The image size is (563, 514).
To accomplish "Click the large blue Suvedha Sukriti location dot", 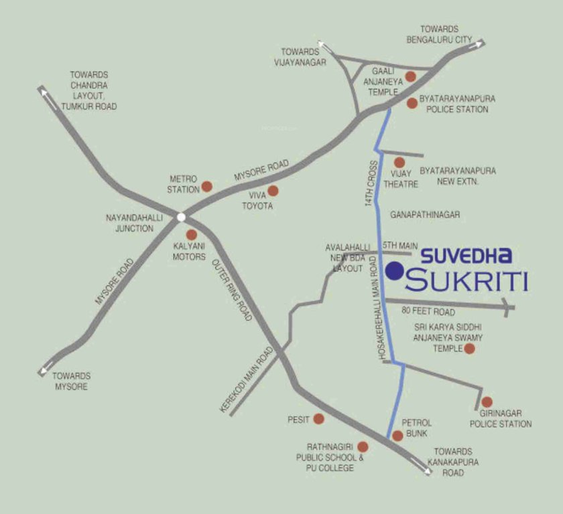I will click(x=395, y=270).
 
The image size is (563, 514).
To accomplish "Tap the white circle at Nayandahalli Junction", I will click(x=181, y=216).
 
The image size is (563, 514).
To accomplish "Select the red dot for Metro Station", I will click(x=207, y=186).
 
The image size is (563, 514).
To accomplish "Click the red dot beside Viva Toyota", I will click(x=273, y=191).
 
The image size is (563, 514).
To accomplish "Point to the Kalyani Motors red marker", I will click(x=192, y=235).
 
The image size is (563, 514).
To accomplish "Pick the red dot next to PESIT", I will click(x=318, y=419).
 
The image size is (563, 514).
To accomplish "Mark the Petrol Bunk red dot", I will click(x=397, y=436).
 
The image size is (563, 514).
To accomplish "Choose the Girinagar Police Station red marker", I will click(x=487, y=402).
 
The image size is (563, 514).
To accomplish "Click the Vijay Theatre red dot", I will click(x=399, y=162).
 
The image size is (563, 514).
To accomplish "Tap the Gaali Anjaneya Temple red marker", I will click(x=411, y=77).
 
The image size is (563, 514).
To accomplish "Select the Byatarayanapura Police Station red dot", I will click(x=412, y=103).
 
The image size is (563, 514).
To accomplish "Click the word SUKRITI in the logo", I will click(x=466, y=280).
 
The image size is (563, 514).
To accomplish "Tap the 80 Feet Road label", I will click(x=428, y=312).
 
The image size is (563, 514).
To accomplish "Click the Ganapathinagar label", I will click(x=425, y=214).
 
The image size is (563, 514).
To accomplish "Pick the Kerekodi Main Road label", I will click(x=247, y=379).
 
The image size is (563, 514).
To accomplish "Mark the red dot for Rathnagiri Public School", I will click(x=363, y=446).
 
